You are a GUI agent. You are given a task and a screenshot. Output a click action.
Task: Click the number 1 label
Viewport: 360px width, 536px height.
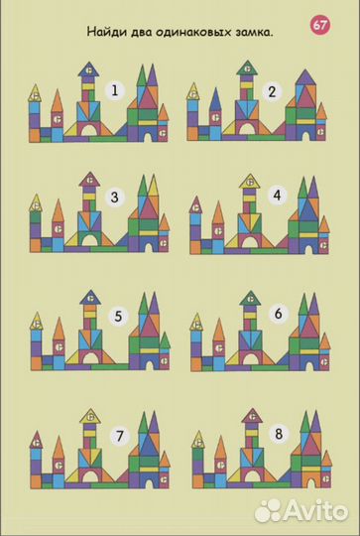pyautogui.click(x=115, y=91)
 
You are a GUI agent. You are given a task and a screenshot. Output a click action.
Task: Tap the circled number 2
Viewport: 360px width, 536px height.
pyautogui.click(x=272, y=91)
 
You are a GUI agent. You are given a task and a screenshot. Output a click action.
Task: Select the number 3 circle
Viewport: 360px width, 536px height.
pyautogui.click(x=115, y=198)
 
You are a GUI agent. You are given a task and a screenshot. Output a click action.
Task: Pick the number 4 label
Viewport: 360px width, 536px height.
pyautogui.click(x=277, y=196)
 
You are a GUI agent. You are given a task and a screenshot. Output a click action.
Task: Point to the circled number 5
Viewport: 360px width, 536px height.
pyautogui.click(x=118, y=316)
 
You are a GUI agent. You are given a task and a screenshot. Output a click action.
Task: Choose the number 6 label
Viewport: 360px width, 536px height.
pyautogui.click(x=279, y=313)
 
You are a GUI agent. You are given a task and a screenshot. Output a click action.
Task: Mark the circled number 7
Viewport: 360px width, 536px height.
pyautogui.click(x=120, y=436)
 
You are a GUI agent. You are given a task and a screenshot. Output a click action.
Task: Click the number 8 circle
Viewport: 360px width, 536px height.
pyautogui.click(x=279, y=434)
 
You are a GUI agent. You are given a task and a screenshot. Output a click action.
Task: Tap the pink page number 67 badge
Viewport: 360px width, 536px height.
pyautogui.click(x=320, y=26)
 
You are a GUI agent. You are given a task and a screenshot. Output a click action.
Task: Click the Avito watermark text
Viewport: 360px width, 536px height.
pyautogui.click(x=315, y=510)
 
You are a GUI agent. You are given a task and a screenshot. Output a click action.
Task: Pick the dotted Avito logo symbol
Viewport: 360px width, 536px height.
pyautogui.click(x=268, y=510)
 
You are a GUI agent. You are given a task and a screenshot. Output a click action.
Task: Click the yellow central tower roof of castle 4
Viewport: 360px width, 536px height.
pyautogui.click(x=249, y=182)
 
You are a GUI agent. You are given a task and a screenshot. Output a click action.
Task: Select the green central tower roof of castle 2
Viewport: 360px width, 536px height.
pyautogui.click(x=247, y=68)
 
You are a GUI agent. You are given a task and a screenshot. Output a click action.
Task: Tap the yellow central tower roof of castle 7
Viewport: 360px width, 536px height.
pyautogui.click(x=90, y=416)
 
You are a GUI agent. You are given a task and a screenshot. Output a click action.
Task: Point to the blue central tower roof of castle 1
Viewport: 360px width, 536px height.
pyautogui.click(x=88, y=69)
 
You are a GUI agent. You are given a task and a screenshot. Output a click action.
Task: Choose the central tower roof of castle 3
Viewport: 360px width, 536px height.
pyautogui.click(x=89, y=180)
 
